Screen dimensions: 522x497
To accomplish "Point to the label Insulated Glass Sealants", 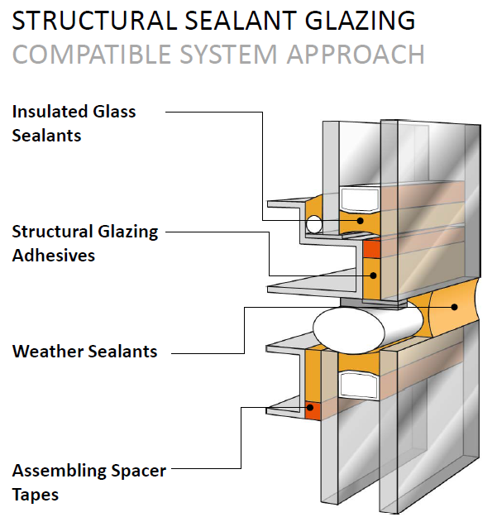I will (74, 122).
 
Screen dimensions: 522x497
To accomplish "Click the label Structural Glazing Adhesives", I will (84, 242).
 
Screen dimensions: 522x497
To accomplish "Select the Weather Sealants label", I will (84, 351).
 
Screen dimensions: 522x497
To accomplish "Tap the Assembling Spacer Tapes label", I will (88, 482).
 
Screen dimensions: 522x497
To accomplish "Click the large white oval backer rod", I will (354, 326).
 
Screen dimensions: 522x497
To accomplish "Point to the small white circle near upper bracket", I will (313, 224).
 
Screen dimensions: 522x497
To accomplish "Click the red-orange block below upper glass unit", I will (371, 248).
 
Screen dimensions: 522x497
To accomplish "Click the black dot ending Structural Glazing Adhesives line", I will (372, 275).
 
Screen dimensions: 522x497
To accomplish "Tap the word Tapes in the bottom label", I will (35, 494).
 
